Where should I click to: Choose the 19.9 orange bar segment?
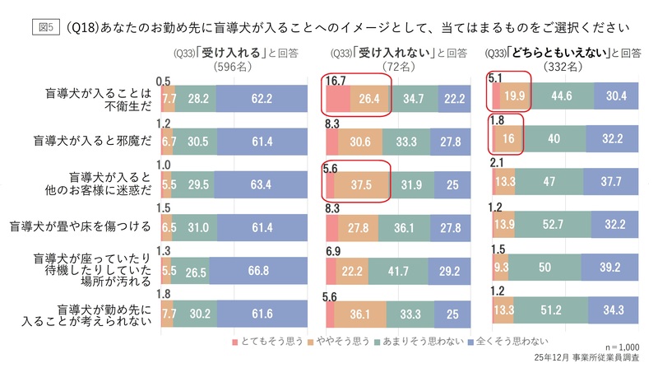(516, 99)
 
